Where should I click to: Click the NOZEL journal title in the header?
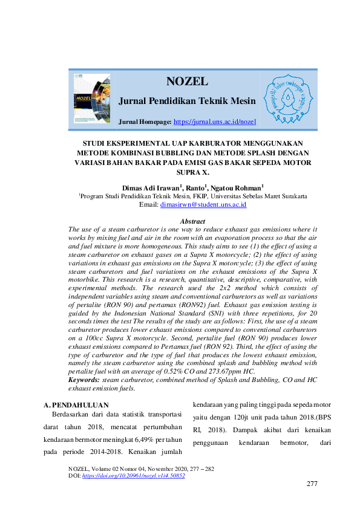187,82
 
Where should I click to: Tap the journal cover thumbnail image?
92,99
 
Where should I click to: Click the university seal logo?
287,99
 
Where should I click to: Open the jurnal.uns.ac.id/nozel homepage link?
215,122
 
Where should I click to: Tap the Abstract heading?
192,221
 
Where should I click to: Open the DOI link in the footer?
133,476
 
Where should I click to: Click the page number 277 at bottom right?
312,484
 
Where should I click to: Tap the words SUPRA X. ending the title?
192,172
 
